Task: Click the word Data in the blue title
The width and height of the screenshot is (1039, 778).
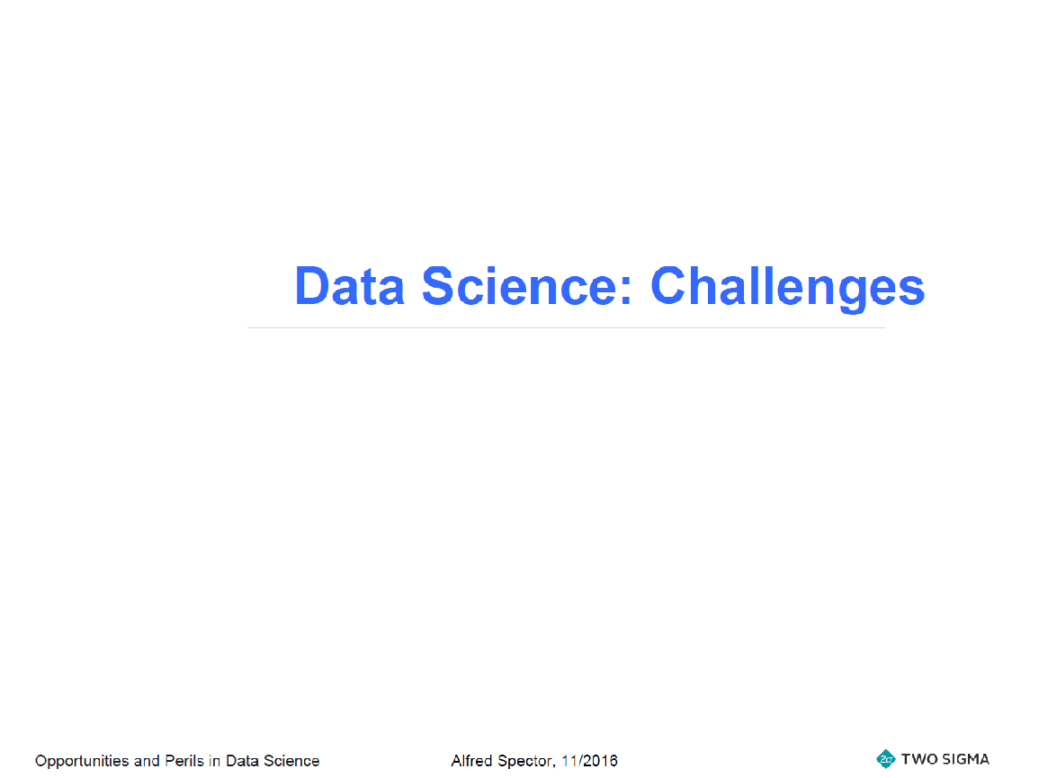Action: pos(349,286)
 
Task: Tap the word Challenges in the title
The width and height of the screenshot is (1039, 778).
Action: pos(788,288)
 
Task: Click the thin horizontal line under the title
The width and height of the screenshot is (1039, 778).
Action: pos(567,327)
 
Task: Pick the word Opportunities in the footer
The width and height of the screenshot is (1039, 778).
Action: pos(82,762)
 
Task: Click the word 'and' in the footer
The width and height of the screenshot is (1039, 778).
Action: pos(147,761)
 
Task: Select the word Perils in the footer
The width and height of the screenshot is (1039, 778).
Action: pos(184,761)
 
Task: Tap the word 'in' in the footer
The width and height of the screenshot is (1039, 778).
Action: pos(215,761)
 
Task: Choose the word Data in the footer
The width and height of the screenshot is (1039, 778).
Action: pos(242,761)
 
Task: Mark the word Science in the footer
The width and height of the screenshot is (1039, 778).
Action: pos(291,761)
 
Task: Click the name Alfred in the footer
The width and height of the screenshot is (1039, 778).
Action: pos(472,761)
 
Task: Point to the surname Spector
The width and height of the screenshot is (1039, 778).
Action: pos(527,762)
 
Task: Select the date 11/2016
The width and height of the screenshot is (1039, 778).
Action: pos(590,761)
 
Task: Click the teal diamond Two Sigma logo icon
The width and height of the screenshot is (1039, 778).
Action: pos(886,759)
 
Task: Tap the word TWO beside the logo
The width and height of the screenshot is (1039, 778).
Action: pos(919,759)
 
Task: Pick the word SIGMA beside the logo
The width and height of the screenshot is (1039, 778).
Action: pos(965,759)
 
